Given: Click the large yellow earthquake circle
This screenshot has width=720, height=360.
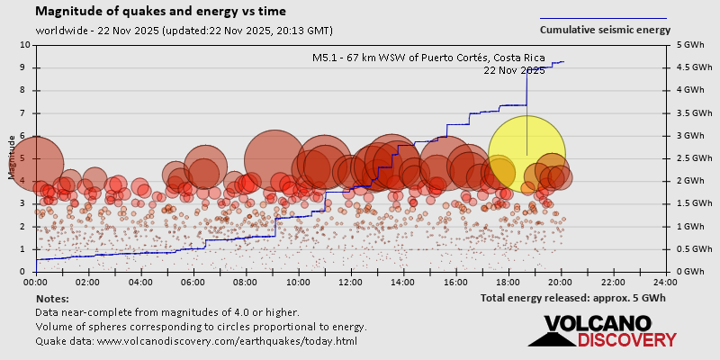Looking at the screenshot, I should [x=526, y=154].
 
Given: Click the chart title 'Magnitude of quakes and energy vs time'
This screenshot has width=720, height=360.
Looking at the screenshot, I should [x=161, y=12].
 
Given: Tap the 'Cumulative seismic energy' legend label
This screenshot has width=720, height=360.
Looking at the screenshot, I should [x=605, y=30].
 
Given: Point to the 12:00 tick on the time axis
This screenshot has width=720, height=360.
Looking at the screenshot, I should [x=351, y=281].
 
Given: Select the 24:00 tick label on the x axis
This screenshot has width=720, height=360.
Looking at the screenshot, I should [x=666, y=281].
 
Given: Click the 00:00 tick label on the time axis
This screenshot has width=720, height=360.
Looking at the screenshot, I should [x=36, y=281].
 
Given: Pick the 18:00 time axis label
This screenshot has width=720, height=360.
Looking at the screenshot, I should [x=508, y=281].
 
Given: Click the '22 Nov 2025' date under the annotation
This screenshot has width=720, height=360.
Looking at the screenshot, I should [x=514, y=70].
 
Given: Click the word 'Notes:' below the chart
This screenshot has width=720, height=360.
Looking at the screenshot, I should [x=50, y=298].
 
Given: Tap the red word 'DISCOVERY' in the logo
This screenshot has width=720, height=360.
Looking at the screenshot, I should [x=626, y=340].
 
